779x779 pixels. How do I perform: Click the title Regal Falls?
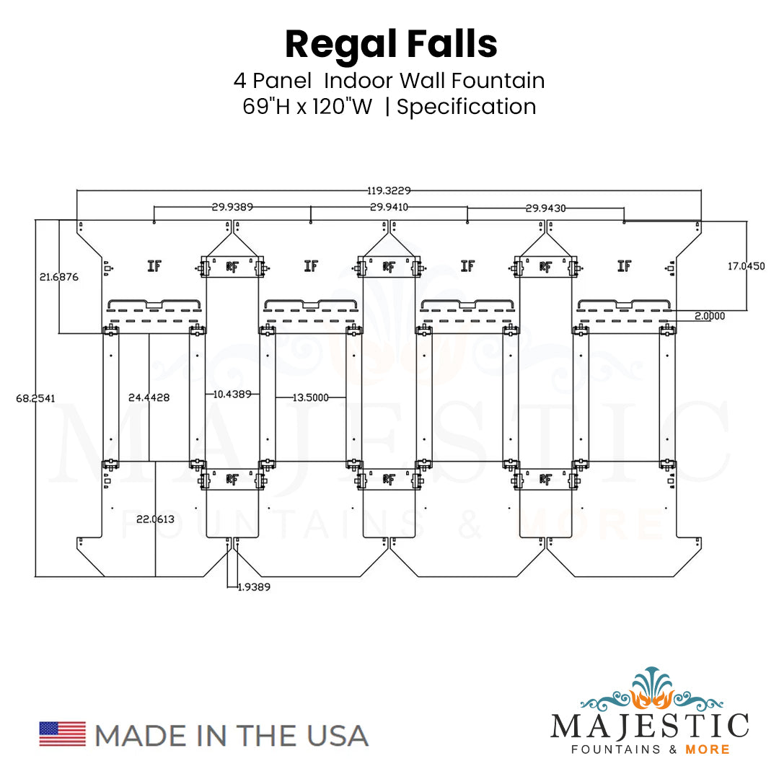[391, 45]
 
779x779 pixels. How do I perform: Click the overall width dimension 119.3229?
[389, 190]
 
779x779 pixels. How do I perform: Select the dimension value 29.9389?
[232, 207]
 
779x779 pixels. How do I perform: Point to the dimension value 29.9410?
[389, 207]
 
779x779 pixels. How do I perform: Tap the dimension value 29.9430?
[545, 208]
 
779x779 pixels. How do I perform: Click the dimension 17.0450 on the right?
[745, 266]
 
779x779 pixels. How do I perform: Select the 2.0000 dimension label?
[710, 316]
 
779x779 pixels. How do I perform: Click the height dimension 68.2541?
[35, 397]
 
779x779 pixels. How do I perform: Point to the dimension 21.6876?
[59, 276]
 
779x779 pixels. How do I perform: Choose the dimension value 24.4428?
[149, 397]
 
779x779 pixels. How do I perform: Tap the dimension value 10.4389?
[232, 394]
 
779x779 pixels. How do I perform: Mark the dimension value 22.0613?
[154, 519]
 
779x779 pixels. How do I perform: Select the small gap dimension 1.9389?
[253, 587]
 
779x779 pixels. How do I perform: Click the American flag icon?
[62, 734]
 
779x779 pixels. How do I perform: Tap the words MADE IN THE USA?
[232, 735]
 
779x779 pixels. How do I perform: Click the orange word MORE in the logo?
[708, 749]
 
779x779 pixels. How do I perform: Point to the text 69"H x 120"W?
[308, 107]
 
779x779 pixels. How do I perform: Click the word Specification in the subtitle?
[467, 107]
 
